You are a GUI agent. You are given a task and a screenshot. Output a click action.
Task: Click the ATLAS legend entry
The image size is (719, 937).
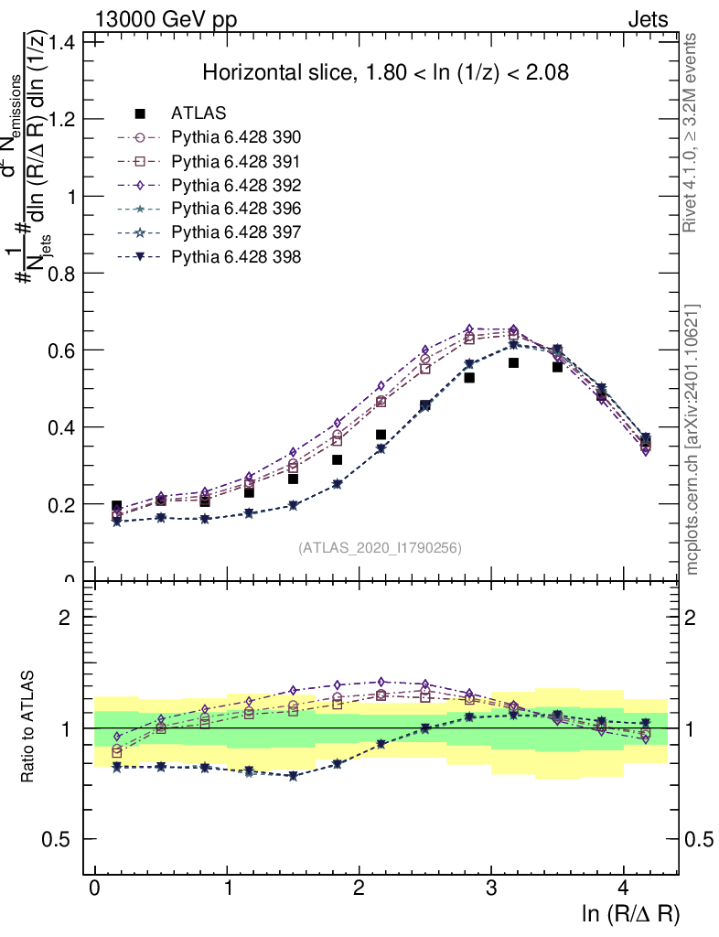(x=199, y=113)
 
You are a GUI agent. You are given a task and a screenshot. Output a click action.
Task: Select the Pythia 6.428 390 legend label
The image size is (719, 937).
(x=236, y=137)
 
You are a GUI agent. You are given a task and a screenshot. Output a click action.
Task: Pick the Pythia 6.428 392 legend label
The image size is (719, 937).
(x=236, y=185)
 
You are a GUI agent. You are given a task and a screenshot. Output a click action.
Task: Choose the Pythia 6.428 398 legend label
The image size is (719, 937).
(x=236, y=256)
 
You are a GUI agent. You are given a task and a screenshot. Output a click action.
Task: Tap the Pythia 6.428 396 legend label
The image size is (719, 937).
(x=236, y=209)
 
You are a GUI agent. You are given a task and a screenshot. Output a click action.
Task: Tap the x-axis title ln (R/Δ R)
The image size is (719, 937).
(x=630, y=914)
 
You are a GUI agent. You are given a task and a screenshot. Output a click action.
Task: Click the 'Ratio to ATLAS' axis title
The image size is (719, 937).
(x=29, y=728)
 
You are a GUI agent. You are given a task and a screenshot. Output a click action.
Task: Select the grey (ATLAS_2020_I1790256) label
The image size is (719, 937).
(x=379, y=548)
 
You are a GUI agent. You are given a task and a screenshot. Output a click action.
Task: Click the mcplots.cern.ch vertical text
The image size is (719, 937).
(x=692, y=439)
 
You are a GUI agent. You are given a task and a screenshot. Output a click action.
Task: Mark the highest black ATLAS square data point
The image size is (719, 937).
(x=514, y=363)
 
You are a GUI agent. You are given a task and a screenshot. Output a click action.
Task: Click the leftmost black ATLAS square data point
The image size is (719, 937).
(x=116, y=506)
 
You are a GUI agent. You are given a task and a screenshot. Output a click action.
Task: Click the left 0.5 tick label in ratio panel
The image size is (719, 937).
(x=66, y=839)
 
